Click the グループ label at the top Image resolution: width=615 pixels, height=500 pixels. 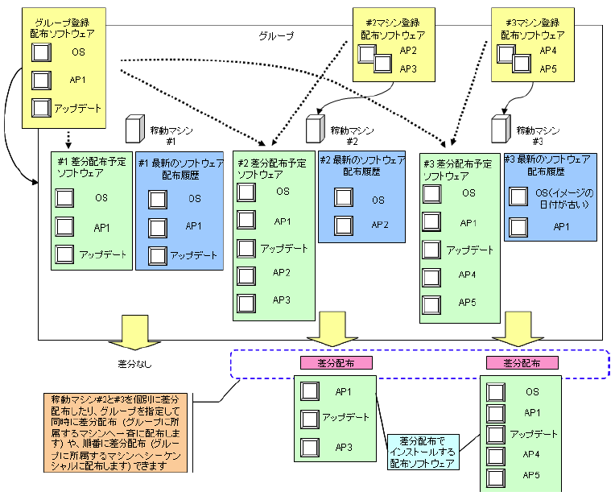(276, 36)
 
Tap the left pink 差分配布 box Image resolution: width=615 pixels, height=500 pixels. (336, 363)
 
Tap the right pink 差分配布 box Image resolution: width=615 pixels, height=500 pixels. (521, 363)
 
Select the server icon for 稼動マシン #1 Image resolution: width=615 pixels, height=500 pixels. (134, 130)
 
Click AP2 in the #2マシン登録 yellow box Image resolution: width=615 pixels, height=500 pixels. (408, 50)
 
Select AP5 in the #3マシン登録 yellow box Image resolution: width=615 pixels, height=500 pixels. (548, 68)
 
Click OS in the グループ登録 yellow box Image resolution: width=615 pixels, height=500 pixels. (77, 53)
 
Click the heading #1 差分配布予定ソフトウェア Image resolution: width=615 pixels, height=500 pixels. (91, 167)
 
